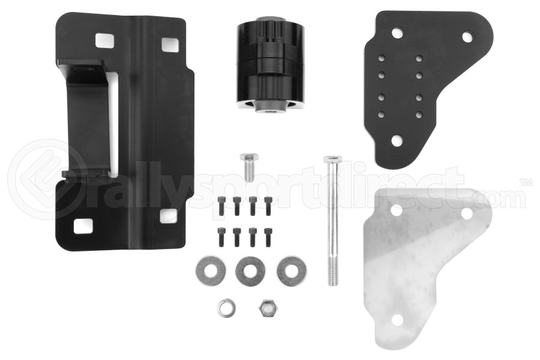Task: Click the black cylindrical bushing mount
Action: [x=271, y=64]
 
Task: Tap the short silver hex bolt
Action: [x=249, y=167]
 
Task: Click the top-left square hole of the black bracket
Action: [x=103, y=40]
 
